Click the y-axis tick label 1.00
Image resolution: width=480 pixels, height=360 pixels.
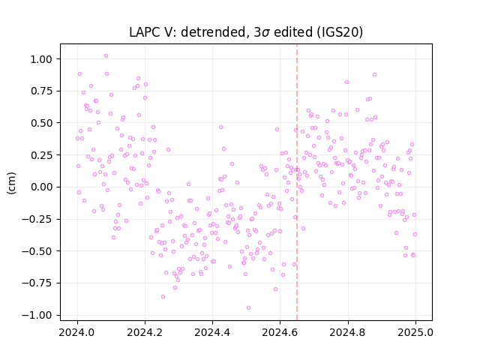pyautogui.click(x=41, y=59)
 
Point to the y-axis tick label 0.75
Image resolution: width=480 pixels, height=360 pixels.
pyautogui.click(x=41, y=91)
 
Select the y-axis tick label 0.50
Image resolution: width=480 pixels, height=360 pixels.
pyautogui.click(x=41, y=123)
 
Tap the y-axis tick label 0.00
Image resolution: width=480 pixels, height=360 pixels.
pyautogui.click(x=41, y=187)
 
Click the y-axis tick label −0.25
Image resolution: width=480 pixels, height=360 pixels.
pyautogui.click(x=37, y=219)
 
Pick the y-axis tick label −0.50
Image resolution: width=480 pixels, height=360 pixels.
pyautogui.click(x=37, y=251)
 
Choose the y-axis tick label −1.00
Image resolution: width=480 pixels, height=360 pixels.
pyautogui.click(x=37, y=315)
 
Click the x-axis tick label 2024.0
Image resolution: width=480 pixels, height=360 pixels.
pyautogui.click(x=77, y=332)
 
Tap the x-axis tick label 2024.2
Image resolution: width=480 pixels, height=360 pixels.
pyautogui.click(x=145, y=332)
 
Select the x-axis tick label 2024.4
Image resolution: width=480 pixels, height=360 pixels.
pyautogui.click(x=212, y=332)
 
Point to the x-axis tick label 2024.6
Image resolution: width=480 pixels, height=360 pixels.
pyautogui.click(x=280, y=332)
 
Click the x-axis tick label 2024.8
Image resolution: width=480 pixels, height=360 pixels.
pyautogui.click(x=348, y=332)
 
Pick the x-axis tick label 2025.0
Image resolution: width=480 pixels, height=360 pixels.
pyautogui.click(x=415, y=332)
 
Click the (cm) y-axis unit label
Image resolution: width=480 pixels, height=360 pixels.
pyautogui.click(x=11, y=183)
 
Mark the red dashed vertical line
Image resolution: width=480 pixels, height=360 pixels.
pyautogui.click(x=297, y=182)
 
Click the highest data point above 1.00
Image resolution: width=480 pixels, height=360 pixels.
pyautogui.click(x=106, y=56)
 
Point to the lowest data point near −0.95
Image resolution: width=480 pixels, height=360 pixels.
pyautogui.click(x=248, y=308)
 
